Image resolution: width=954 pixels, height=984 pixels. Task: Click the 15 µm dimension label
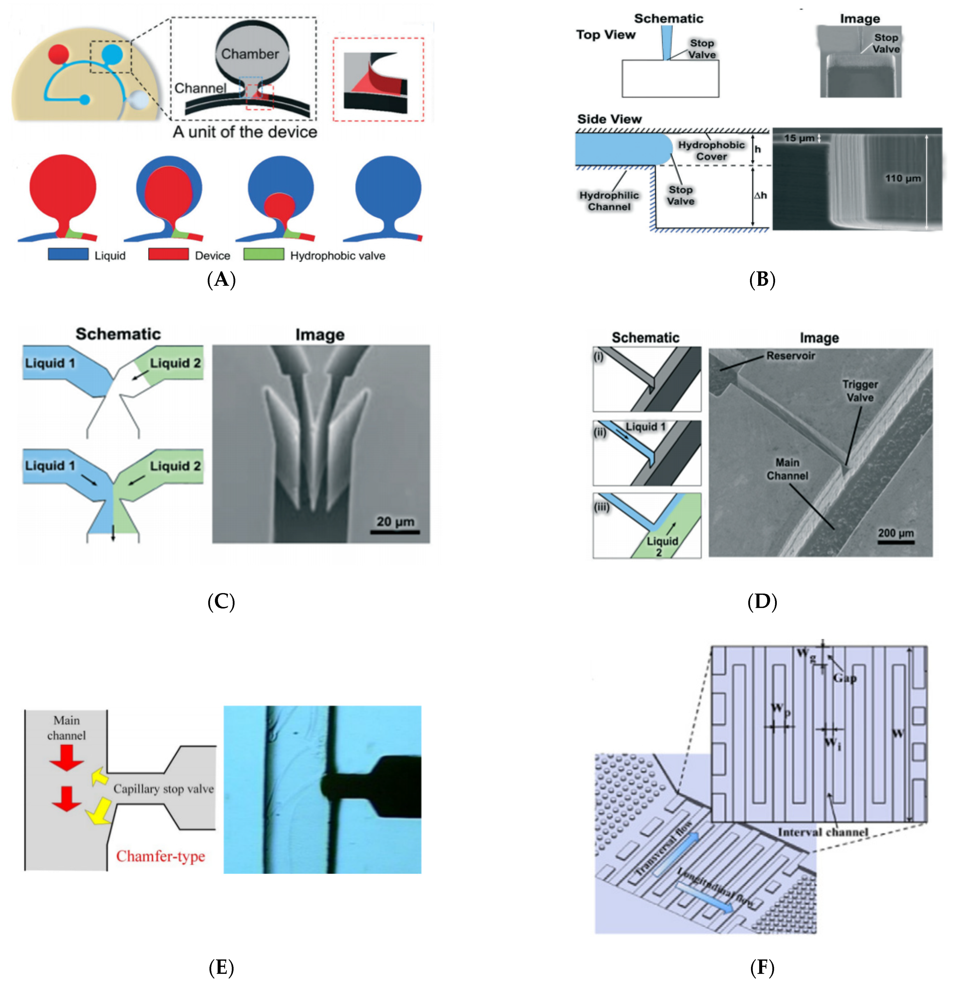coord(799,138)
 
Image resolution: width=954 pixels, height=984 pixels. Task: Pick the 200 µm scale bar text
coord(896,533)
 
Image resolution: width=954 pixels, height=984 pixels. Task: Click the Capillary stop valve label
coord(163,789)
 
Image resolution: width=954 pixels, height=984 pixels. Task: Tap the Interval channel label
coord(822,832)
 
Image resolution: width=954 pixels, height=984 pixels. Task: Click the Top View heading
coord(606,35)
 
